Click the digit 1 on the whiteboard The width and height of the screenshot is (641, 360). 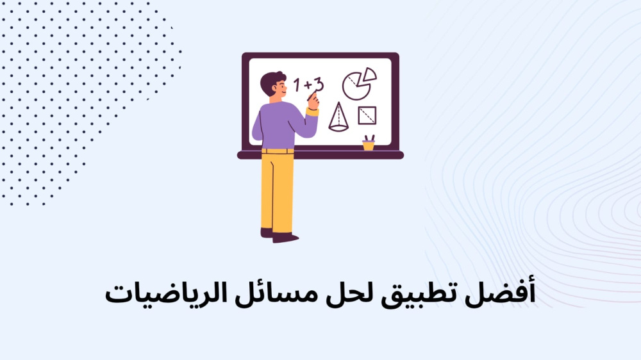coord(297,85)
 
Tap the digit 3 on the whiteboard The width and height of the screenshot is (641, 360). coord(319,85)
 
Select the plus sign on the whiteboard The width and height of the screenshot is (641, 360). coord(308,85)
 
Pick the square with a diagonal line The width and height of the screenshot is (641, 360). coord(367,115)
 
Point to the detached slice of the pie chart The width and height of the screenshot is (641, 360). coord(369,74)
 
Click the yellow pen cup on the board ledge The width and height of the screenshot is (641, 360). coord(369,145)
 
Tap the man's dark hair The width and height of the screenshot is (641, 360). coord(271,82)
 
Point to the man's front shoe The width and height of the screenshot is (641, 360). coord(285,238)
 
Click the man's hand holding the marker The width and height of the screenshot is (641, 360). coord(313,101)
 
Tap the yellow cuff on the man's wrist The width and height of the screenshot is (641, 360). coord(312,112)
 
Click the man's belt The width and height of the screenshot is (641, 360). coord(278,151)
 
